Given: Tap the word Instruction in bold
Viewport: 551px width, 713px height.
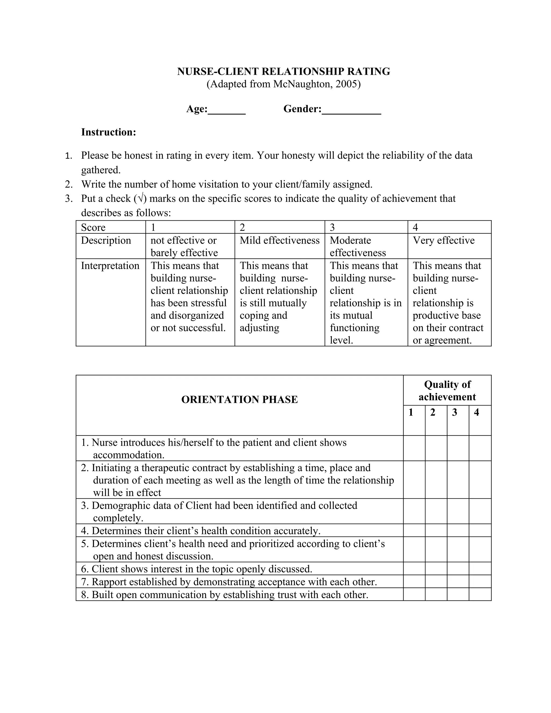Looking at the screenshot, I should coord(108,132).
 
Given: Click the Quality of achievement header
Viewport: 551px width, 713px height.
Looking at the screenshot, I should coord(447,390).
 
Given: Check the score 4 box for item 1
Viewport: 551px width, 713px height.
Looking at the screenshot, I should coord(480,448).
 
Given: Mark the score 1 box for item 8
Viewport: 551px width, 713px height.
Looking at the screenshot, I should coord(414,595).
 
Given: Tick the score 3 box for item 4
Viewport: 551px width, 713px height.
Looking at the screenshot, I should coord(458,531).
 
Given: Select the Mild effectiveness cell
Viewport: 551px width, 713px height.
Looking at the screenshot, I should coord(280,241).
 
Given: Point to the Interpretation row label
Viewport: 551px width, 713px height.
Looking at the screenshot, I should coord(110,266).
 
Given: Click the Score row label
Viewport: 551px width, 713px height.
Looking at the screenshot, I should coord(93,228).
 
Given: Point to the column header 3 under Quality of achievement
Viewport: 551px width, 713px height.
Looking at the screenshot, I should coord(454,413).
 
